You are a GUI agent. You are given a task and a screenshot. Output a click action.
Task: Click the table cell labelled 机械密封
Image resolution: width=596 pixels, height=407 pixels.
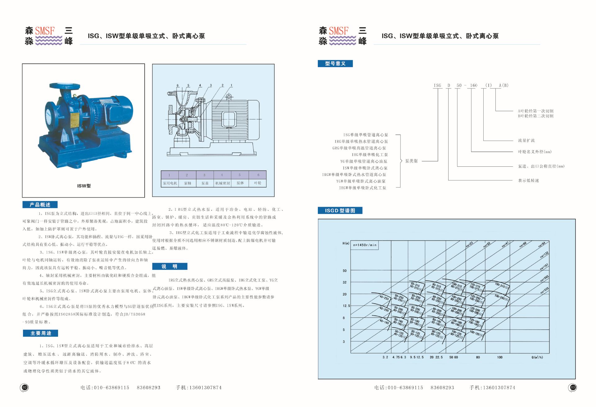pos(223,183)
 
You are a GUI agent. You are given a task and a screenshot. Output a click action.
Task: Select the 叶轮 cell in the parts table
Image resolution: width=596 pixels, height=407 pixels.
pos(258,183)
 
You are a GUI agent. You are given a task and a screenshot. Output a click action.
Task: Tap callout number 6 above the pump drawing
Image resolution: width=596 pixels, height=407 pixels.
pos(178,85)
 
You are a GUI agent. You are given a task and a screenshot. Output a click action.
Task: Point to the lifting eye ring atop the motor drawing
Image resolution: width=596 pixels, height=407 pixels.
pos(229,97)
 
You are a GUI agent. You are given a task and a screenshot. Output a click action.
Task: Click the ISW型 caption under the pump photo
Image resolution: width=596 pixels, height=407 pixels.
pos(84,186)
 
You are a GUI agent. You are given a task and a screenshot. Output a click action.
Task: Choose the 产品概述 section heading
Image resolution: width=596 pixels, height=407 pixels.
pos(40,205)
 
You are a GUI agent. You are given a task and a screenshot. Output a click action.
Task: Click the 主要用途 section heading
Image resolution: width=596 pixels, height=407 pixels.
pos(41,333)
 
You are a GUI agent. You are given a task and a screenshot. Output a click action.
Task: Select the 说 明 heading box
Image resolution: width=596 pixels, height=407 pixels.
pos(170,266)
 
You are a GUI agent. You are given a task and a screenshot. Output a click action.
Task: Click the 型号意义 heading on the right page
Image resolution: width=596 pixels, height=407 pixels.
pos(335,64)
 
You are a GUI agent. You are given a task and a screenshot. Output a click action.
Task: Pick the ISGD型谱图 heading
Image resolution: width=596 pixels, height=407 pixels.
pos(340,210)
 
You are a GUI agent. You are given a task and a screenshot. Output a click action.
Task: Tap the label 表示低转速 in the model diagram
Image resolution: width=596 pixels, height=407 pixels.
pos(528,180)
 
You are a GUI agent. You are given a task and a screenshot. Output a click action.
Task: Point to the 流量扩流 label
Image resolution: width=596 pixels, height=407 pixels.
pos(526,141)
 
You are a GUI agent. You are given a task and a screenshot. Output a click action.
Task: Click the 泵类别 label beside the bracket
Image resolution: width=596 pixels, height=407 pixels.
pos(411,161)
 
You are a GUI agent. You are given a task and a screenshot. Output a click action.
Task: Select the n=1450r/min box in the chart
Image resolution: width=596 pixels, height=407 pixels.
pos(365,245)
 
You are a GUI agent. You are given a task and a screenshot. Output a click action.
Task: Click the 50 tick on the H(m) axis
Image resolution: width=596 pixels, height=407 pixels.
pos(345,271)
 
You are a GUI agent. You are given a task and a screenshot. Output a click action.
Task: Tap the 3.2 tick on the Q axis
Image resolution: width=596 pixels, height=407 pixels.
pos(385,357)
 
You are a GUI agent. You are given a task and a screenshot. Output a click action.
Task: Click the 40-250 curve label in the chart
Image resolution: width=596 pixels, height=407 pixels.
pos(384,298)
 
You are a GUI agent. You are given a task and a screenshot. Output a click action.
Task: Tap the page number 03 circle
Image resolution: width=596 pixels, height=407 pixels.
pos(573,387)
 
